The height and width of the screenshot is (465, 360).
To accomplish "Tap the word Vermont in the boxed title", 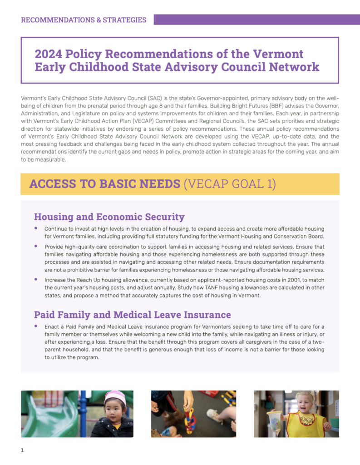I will click(278, 54).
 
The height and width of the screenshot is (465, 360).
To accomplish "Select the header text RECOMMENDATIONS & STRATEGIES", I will click(84, 20).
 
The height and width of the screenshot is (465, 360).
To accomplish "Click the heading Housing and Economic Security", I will click(109, 217).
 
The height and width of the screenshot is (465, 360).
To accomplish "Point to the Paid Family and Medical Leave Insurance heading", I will click(132, 315).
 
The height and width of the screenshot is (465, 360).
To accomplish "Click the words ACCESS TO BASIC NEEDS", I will click(104, 184).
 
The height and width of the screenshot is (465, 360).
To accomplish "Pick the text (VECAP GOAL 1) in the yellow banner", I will click(229, 184).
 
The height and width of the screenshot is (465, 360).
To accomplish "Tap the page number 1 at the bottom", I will click(22, 450).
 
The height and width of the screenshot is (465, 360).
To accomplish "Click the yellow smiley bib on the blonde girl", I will click(306, 424).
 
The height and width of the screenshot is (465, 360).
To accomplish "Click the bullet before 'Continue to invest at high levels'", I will click(36, 228).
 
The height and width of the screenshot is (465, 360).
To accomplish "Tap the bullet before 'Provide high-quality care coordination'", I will click(36, 246).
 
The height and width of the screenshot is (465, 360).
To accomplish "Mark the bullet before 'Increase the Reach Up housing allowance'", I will click(36, 279).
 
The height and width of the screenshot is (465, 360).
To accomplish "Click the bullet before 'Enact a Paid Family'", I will click(36, 326).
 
